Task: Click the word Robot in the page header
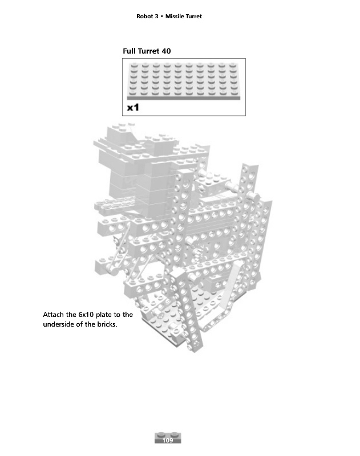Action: (x=145, y=17)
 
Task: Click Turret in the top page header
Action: (x=193, y=17)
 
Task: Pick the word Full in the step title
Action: (x=130, y=51)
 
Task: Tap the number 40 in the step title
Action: (x=166, y=51)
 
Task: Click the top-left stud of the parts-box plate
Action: (x=134, y=67)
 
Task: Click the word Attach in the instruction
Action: (x=53, y=315)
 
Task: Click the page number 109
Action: (x=168, y=441)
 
